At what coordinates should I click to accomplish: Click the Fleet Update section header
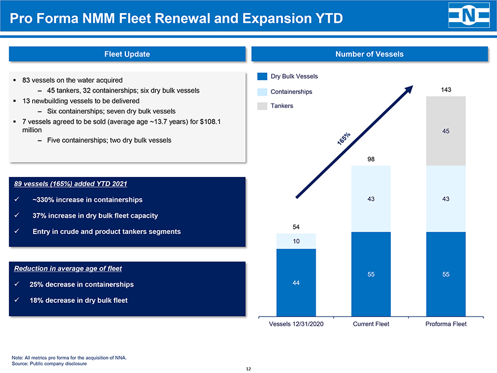point(127,54)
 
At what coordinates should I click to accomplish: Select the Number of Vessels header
point(369,54)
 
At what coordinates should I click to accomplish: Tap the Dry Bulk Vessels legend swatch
point(262,76)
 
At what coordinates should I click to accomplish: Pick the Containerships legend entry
point(291,92)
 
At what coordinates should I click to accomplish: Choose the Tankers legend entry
point(282,106)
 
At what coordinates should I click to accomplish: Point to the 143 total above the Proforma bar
point(446,90)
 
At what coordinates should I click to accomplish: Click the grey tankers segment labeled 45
point(446,131)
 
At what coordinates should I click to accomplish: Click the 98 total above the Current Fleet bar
point(371,159)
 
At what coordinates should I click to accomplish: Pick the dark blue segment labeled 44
point(297,282)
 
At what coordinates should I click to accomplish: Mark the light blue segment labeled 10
point(297,241)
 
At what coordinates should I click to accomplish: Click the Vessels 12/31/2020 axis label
point(297,324)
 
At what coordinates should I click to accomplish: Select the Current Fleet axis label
point(371,324)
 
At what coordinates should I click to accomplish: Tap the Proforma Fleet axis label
point(446,324)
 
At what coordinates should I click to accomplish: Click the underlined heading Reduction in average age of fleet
point(68,268)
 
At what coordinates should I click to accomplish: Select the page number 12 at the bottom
point(249,369)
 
